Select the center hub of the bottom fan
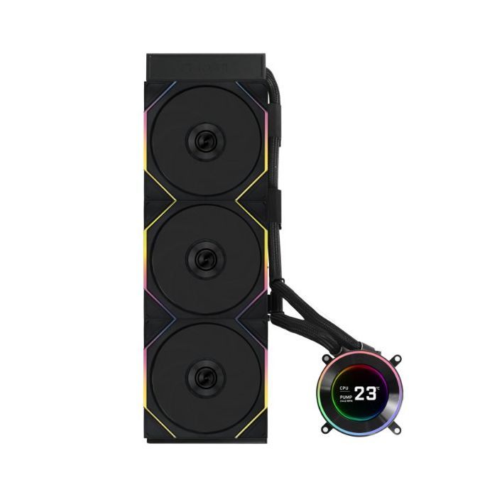click(206, 377)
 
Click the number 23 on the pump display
click(366, 393)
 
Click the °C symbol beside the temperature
click(378, 388)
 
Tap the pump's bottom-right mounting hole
click(396, 430)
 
